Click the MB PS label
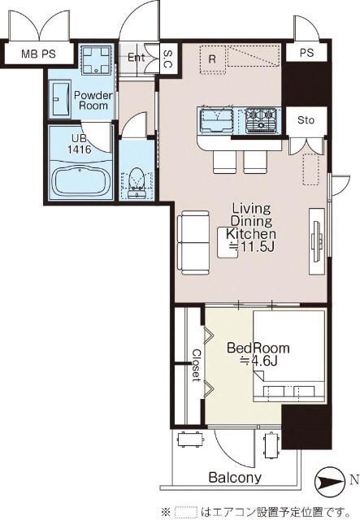(x=38, y=54)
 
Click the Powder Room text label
(x=93, y=101)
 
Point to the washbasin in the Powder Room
(x=60, y=99)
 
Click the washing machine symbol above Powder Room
(x=96, y=59)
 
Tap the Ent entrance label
(x=136, y=58)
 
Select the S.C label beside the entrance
(x=168, y=59)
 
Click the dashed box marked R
(x=213, y=59)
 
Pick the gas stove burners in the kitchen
(x=262, y=119)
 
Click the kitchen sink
(x=215, y=119)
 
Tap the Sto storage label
(x=306, y=120)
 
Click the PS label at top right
(x=306, y=53)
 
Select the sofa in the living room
(x=193, y=243)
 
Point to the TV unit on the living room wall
(x=317, y=241)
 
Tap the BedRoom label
(x=258, y=349)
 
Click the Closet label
(x=197, y=365)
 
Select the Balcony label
(x=235, y=478)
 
